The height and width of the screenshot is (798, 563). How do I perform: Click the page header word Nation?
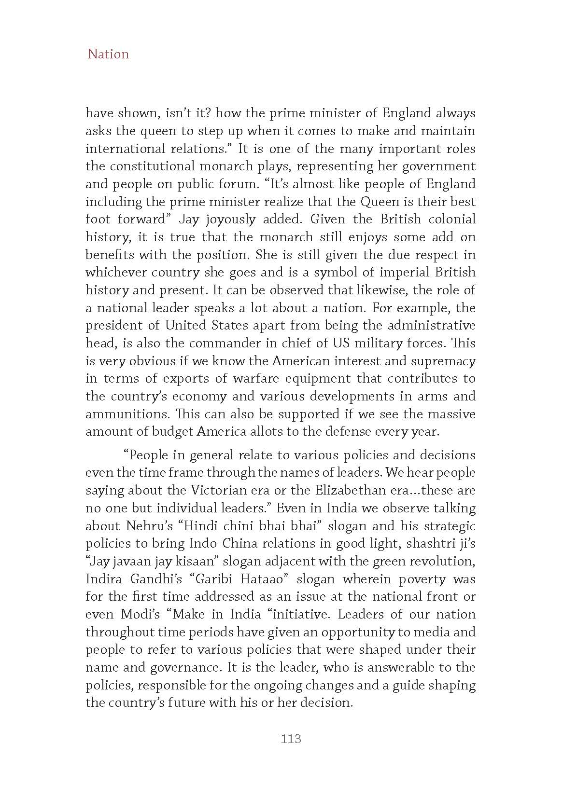coord(108,54)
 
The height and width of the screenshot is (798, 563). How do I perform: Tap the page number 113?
coord(291,738)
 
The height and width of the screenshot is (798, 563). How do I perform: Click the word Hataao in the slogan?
coord(259,579)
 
